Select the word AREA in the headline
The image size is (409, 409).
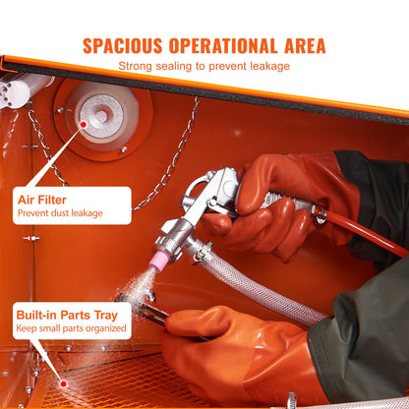coord(301,46)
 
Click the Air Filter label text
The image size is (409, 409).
coord(43,199)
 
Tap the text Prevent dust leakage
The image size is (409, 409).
coord(60,212)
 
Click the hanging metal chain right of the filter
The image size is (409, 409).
coord(167,157)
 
